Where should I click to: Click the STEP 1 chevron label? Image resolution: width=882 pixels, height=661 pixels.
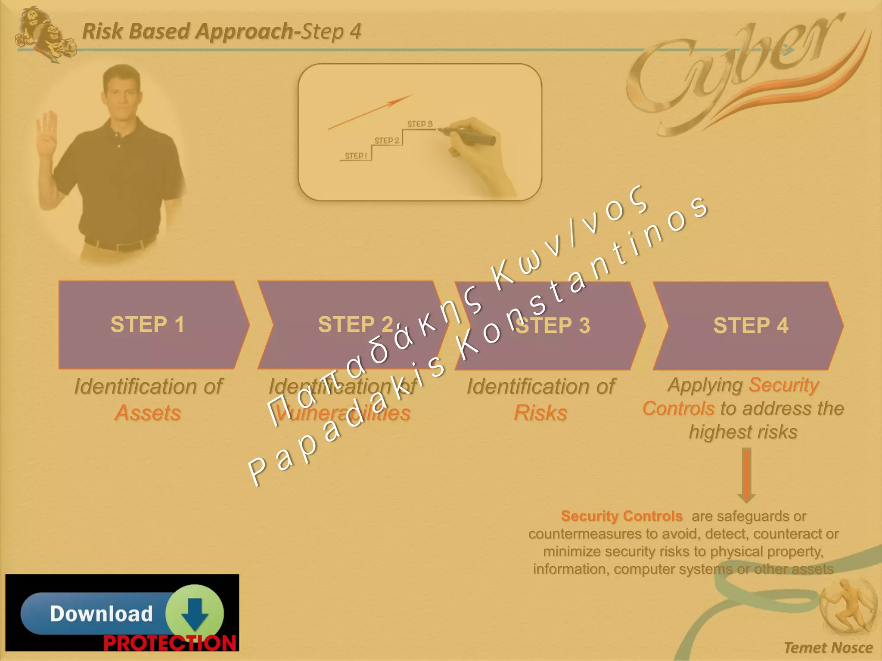(147, 324)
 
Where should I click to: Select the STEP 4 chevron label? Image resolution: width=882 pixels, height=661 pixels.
(750, 325)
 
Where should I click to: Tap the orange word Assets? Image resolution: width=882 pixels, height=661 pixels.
(148, 413)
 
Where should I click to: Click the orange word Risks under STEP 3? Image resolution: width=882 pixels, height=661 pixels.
(540, 413)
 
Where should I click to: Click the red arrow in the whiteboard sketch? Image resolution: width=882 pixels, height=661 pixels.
(370, 112)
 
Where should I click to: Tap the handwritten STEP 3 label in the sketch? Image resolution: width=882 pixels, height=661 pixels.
(420, 124)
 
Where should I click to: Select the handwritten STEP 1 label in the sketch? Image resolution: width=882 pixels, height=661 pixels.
(356, 156)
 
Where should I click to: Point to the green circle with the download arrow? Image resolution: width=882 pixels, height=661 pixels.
(195, 613)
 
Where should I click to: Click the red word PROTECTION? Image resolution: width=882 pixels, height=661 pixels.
(170, 643)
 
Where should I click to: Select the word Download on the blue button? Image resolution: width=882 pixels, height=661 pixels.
(101, 614)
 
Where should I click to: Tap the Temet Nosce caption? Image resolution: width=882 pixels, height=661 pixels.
(828, 648)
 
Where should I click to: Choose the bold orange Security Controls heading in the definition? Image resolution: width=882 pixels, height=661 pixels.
(621, 516)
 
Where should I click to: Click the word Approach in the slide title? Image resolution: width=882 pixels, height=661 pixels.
(244, 31)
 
